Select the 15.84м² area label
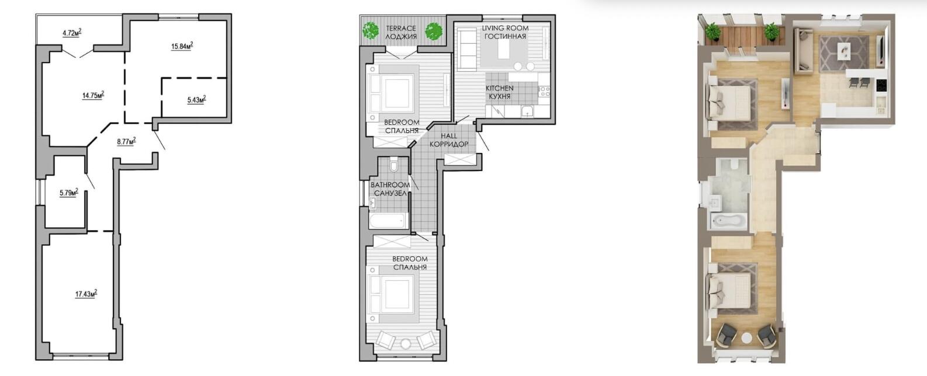point(182,46)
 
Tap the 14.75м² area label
point(93,95)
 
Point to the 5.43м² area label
point(196,100)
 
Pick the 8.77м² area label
point(126,142)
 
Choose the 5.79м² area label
point(69,193)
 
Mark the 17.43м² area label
point(86,294)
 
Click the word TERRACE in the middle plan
point(400,29)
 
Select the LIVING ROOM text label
point(505,28)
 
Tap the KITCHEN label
point(500,88)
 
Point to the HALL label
point(449,136)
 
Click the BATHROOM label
point(390,184)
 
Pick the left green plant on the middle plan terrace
point(371,30)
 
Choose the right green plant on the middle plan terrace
point(433,31)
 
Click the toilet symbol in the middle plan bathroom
point(393,165)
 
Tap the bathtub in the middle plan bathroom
point(388,221)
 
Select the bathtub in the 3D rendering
point(729,221)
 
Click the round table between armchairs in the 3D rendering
point(746,337)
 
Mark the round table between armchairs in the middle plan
point(406,343)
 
